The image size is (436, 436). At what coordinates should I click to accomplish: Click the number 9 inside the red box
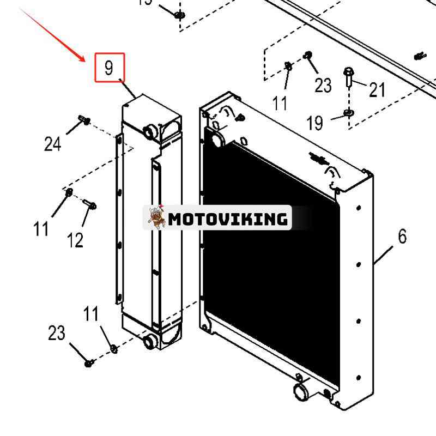click(x=110, y=68)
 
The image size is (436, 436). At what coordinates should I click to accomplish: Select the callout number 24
click(x=52, y=144)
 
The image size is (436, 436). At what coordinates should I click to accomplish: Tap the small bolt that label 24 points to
click(x=84, y=119)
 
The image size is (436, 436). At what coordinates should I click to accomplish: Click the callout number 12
click(x=75, y=239)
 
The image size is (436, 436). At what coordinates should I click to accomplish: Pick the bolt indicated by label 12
click(x=90, y=205)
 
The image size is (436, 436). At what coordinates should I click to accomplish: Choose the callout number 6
click(x=402, y=237)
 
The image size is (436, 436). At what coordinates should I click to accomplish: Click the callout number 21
click(x=377, y=90)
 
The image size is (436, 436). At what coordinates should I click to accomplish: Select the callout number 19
click(x=314, y=124)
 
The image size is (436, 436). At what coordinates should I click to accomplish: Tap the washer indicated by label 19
click(x=348, y=114)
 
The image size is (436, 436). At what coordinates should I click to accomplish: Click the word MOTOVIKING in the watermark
click(x=228, y=219)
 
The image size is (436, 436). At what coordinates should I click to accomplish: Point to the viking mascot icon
click(x=156, y=217)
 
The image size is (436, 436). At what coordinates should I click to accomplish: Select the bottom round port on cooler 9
click(x=149, y=342)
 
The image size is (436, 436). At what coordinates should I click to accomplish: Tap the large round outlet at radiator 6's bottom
click(x=301, y=392)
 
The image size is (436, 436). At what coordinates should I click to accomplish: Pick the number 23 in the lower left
click(x=57, y=332)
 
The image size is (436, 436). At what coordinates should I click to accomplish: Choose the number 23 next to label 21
click(x=323, y=85)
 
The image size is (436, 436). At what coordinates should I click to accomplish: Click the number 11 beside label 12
click(x=41, y=229)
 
